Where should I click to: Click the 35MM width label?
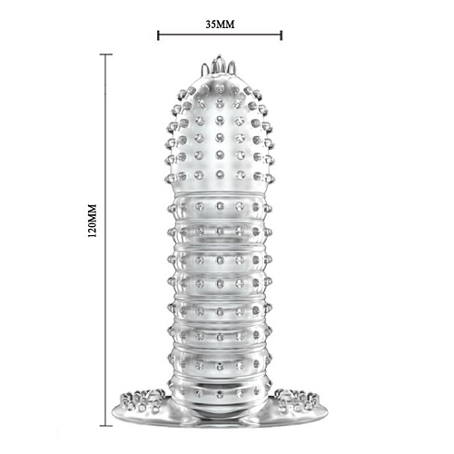[220, 24]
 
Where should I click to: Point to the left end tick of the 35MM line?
[158, 36]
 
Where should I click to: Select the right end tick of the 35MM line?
[281, 36]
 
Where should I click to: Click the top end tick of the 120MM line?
[107, 54]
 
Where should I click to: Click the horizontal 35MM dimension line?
[220, 36]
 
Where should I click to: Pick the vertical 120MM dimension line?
[107, 300]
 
